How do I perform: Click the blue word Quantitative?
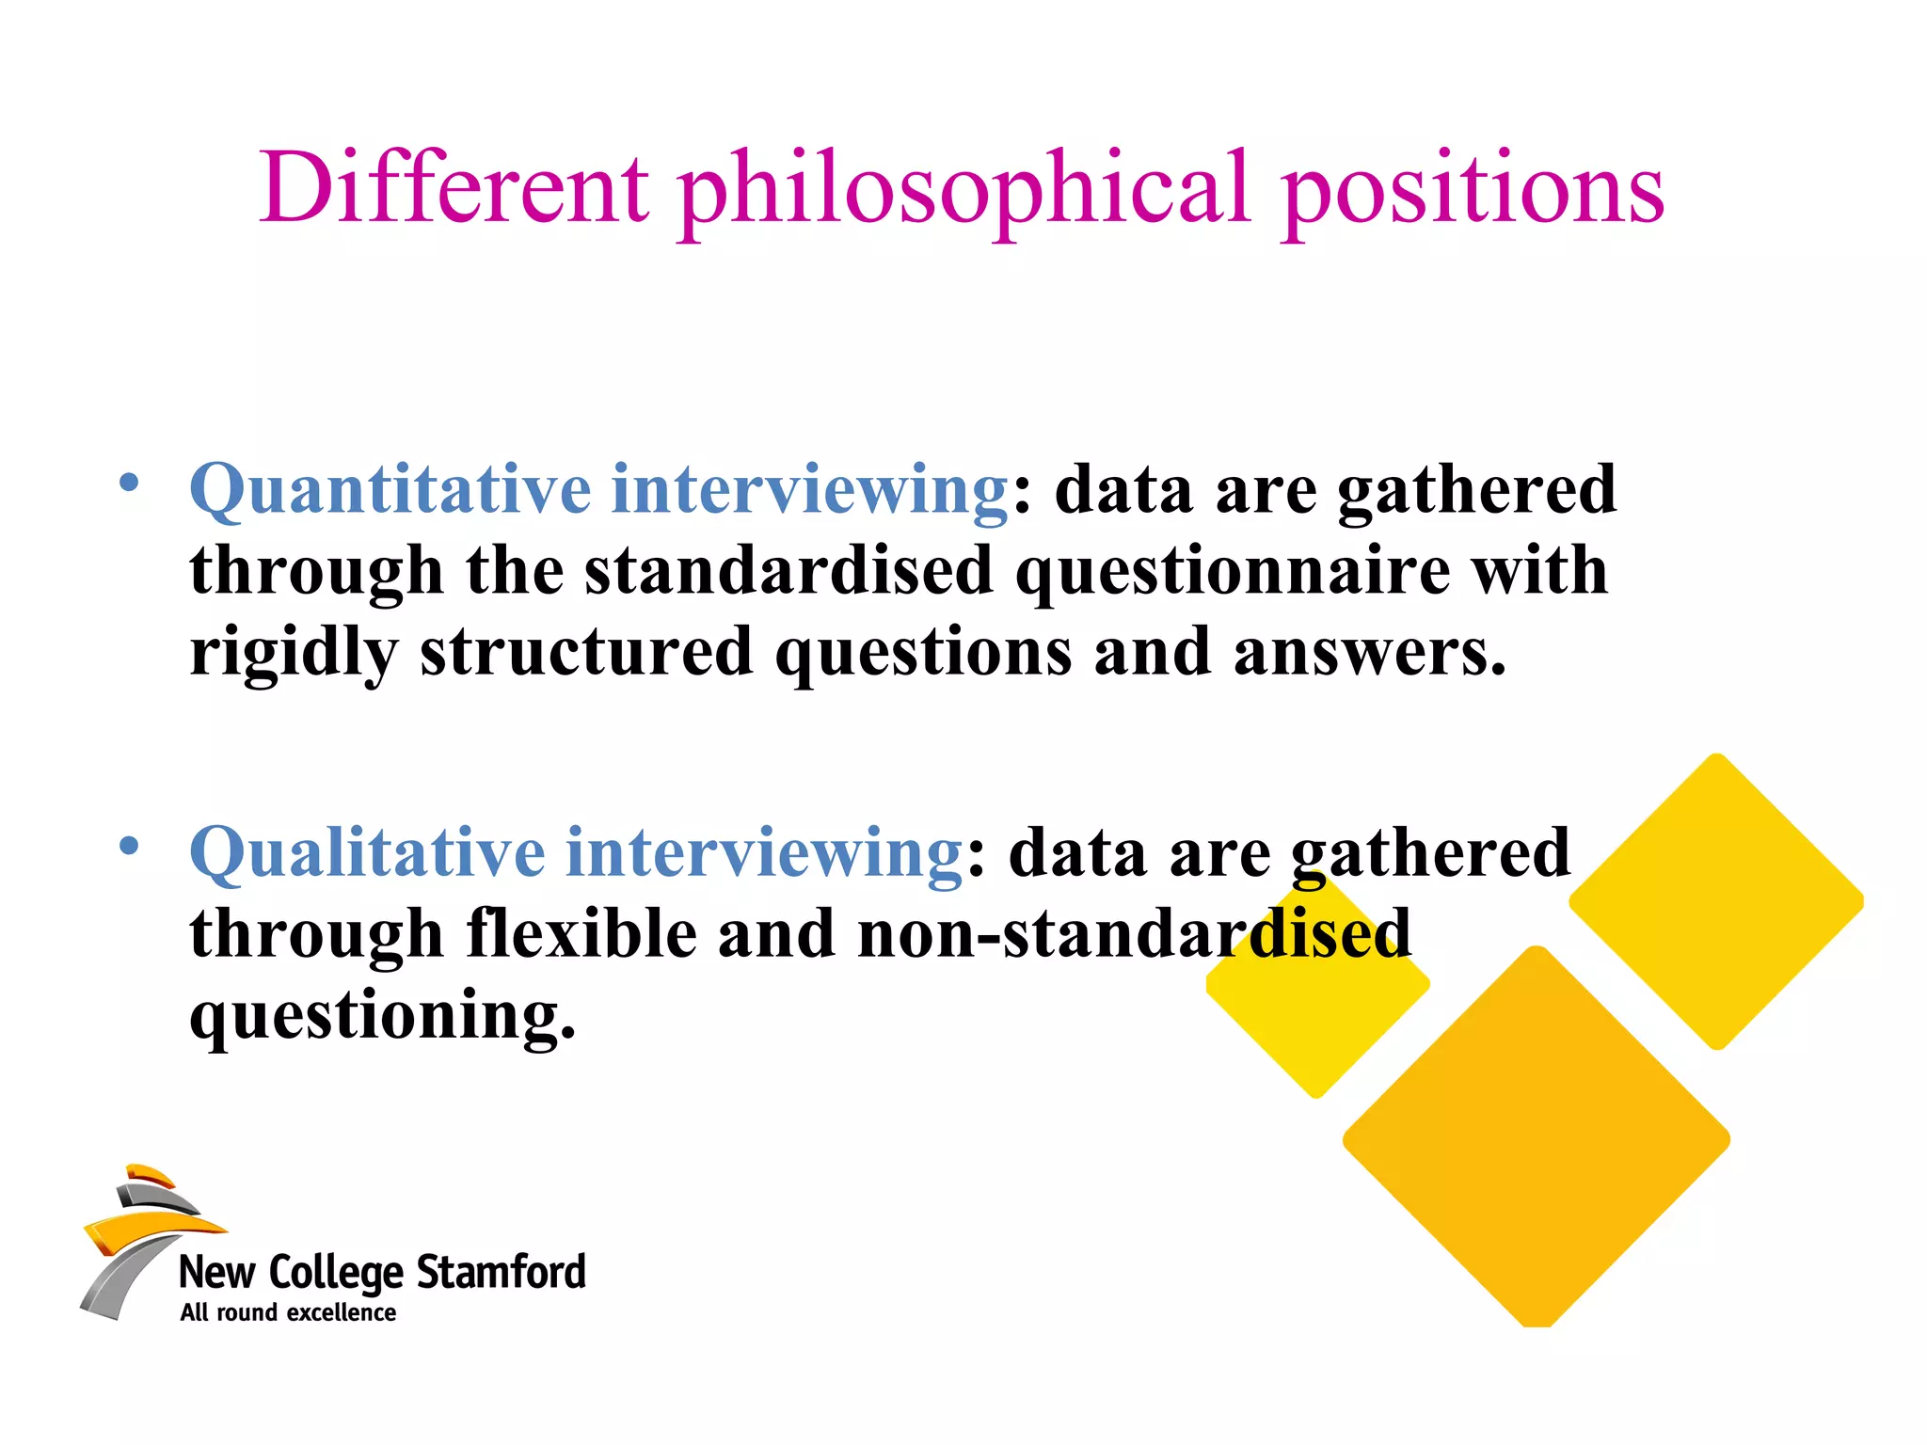click(390, 490)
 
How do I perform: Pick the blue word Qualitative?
click(367, 853)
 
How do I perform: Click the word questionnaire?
click(1233, 572)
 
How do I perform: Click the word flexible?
click(581, 934)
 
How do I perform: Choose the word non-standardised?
click(1134, 934)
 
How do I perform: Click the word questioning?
click(382, 1017)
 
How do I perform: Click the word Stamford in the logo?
click(501, 1272)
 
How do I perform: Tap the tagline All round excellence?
click(288, 1313)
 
